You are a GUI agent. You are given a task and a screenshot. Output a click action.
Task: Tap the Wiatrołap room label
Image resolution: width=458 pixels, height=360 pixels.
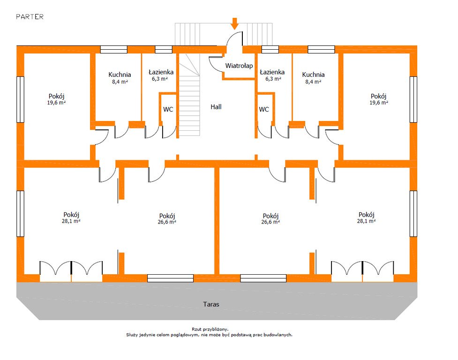coord(239,66)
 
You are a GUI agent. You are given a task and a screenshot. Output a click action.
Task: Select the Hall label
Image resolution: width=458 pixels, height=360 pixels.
coord(216,107)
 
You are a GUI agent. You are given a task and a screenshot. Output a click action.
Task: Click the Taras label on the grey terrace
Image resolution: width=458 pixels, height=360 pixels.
coord(211,304)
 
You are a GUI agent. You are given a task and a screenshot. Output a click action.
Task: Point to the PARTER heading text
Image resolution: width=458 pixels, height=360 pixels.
coord(30,17)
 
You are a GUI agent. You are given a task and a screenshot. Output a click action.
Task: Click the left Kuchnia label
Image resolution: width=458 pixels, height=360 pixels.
coord(120,75)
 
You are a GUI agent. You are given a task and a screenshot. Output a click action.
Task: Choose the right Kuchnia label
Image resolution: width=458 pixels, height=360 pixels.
coord(313,75)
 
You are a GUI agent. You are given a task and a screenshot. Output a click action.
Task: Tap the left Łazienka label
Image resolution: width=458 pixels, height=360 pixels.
coord(161,72)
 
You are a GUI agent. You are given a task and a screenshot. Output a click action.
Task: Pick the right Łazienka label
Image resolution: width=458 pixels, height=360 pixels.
coord(272,72)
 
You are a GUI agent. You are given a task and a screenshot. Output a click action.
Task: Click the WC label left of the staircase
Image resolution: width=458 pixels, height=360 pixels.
coord(168,109)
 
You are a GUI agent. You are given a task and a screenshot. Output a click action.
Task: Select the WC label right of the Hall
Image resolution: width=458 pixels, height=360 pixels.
coord(264,109)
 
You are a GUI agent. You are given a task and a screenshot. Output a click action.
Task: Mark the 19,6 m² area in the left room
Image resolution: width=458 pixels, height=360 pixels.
coord(56,102)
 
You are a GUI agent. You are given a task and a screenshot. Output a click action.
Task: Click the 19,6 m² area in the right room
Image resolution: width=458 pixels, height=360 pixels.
coord(378,102)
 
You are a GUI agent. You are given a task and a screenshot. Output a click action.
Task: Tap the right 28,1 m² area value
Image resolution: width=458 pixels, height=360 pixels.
coord(366,221)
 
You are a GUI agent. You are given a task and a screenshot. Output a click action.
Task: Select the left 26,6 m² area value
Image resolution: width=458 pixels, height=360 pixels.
coord(167,222)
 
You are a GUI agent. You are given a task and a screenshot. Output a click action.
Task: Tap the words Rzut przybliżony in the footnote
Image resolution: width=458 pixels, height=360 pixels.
coord(210,330)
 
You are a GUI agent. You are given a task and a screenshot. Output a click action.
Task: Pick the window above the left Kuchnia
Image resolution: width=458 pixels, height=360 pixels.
coord(114,49)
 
